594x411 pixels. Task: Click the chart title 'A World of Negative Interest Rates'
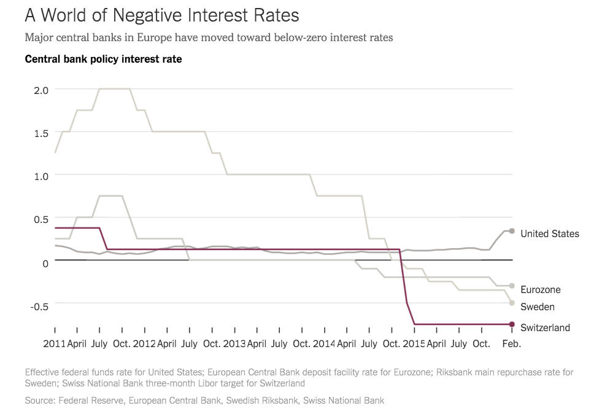point(162,14)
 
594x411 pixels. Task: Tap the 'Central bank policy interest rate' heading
point(103,60)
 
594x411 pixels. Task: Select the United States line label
point(549,233)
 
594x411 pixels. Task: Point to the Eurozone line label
point(540,289)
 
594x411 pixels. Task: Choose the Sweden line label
point(537,307)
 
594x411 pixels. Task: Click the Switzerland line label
point(545,327)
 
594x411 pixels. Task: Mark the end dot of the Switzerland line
point(512,324)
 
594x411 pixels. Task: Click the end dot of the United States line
point(512,231)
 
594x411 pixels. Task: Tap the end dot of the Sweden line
point(512,303)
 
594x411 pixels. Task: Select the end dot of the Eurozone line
point(512,286)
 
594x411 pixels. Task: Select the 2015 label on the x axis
point(414,344)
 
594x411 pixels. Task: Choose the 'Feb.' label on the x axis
point(512,344)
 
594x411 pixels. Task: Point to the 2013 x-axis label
point(234,344)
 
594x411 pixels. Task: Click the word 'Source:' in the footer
point(40,401)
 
